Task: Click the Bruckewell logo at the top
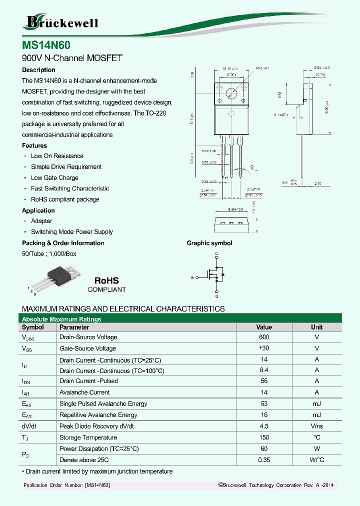pos(61,22)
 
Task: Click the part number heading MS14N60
pos(42,44)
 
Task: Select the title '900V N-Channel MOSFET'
pos(72,58)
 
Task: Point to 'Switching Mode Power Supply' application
pos(71,232)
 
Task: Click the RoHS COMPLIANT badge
pos(106,284)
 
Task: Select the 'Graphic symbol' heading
pos(209,243)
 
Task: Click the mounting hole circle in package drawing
pos(231,93)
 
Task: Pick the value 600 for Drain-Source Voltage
pos(264,337)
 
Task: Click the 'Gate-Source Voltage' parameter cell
pos(87,348)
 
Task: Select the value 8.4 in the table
pos(264,370)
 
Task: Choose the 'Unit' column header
pos(316,327)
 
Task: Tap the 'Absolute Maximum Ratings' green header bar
pos(180,319)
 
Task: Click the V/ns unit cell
pos(316,426)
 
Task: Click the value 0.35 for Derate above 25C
pos(264,460)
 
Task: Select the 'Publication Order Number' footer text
pos(66,485)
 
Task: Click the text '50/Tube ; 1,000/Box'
pos(49,254)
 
